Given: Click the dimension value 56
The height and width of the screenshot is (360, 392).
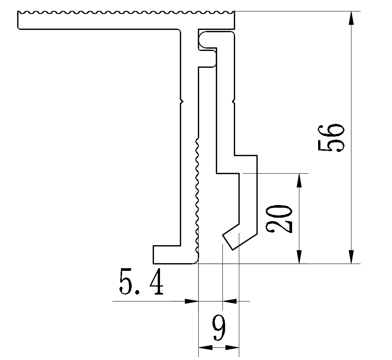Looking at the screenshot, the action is pyautogui.click(x=331, y=138).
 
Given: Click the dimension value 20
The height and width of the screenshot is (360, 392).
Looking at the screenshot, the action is pyautogui.click(x=279, y=219).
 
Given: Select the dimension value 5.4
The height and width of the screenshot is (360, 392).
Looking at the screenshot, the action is pyautogui.click(x=142, y=282).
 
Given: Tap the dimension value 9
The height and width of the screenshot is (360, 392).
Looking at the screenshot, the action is pyautogui.click(x=219, y=327).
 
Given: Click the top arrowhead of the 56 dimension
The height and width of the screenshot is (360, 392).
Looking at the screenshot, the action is pyautogui.click(x=351, y=18).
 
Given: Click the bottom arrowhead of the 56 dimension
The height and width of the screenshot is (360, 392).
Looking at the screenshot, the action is pyautogui.click(x=351, y=257).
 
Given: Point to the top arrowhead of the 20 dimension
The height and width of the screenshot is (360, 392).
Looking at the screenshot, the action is pyautogui.click(x=299, y=180).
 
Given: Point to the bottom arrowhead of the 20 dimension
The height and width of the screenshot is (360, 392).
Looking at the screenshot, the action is pyautogui.click(x=299, y=257).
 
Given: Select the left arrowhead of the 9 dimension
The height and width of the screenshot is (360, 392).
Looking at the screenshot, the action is pyautogui.click(x=206, y=347).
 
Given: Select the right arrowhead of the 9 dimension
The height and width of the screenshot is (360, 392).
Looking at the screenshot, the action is pyautogui.click(x=232, y=347).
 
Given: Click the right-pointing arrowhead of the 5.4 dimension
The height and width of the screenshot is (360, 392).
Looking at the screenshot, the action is pyautogui.click(x=191, y=301).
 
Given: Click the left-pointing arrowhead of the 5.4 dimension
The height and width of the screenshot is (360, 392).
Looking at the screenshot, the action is pyautogui.click(x=230, y=301).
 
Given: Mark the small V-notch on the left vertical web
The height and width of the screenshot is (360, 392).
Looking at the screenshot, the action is pyautogui.click(x=182, y=101).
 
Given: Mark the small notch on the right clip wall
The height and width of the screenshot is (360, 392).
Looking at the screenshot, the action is pyautogui.click(x=234, y=101).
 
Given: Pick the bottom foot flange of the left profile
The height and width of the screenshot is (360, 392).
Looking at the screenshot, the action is pyautogui.click(x=175, y=255).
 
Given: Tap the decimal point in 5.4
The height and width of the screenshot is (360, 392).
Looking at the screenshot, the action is pyautogui.click(x=137, y=292).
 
